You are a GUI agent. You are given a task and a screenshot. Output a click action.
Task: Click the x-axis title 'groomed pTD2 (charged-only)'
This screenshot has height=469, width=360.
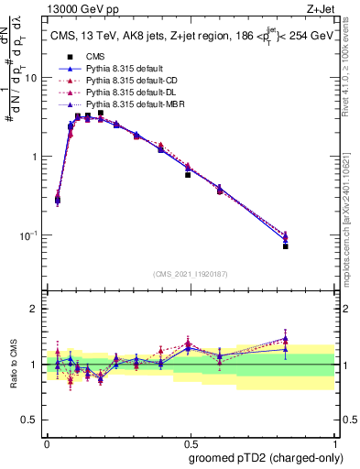click(267, 457)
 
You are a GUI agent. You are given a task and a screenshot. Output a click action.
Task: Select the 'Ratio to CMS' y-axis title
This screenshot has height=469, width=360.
click(12, 365)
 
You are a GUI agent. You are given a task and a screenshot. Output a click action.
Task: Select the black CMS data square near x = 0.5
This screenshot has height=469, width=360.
click(188, 174)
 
